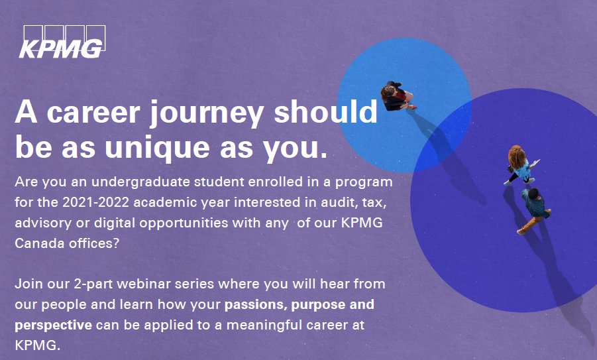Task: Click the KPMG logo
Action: (x=62, y=42)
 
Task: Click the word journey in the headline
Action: (x=206, y=113)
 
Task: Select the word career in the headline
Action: (x=93, y=113)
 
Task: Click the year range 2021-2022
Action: (x=96, y=202)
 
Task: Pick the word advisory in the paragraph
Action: (x=43, y=223)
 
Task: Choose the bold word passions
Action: (x=256, y=305)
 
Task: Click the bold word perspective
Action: (x=53, y=326)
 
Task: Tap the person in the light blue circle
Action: (x=397, y=96)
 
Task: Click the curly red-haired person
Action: (x=521, y=164)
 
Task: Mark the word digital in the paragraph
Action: (x=115, y=223)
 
